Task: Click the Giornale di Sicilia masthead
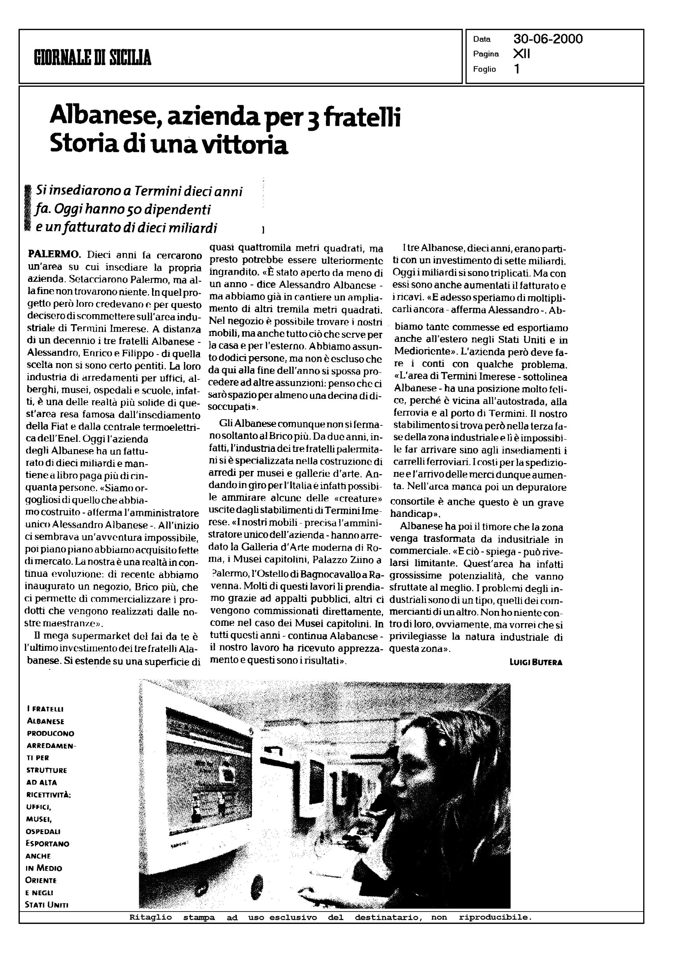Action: [93, 57]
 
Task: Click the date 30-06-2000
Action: [548, 39]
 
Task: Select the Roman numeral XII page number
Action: [521, 54]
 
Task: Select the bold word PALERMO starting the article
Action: [54, 255]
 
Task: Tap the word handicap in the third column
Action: [410, 514]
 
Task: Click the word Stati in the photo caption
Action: [36, 905]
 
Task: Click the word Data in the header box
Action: [482, 39]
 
